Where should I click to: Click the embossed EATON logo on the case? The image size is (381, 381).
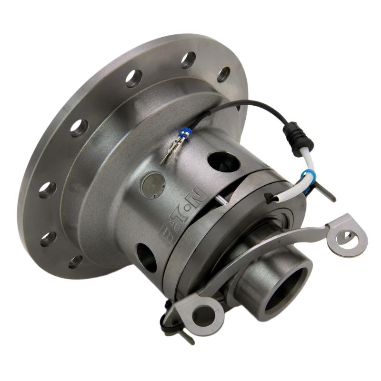(184, 217)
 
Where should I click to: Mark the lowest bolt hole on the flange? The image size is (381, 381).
(75, 261)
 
